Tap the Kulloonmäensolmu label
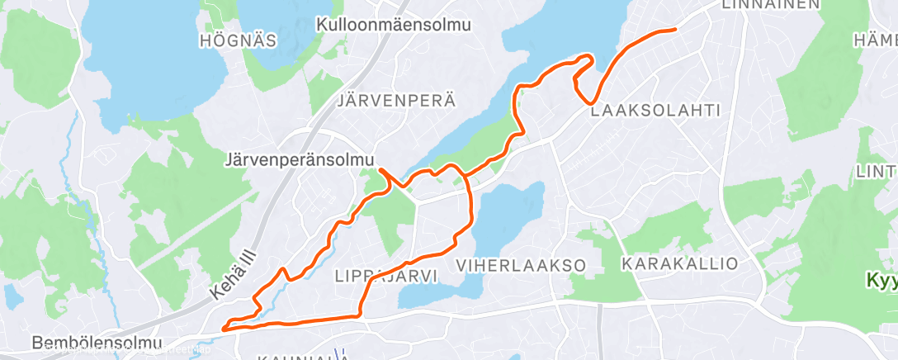coord(394,25)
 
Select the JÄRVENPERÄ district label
coord(396,101)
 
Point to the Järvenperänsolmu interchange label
coord(300,158)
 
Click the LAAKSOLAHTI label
coord(656,110)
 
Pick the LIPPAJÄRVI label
coord(387,276)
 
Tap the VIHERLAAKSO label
coord(521,265)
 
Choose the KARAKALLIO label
coord(680,264)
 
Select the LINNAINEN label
coord(771,5)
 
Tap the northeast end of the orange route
coord(675,29)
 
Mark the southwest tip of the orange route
coord(223,328)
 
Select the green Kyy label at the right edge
coord(881,281)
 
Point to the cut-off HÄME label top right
coord(876,40)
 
